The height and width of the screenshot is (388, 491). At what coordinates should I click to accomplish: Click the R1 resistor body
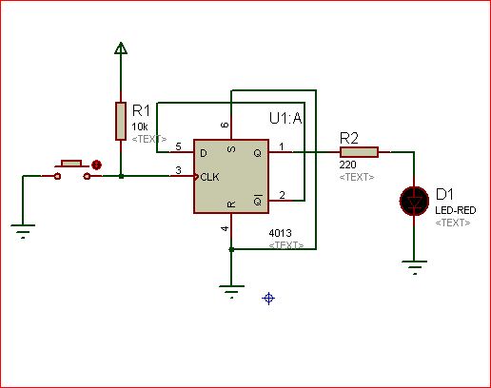point(121,121)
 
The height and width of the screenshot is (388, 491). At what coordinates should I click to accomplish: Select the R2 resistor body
point(359,152)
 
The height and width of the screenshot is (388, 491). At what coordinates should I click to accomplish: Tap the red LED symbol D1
point(414,202)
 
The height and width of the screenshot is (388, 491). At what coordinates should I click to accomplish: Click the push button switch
point(71,170)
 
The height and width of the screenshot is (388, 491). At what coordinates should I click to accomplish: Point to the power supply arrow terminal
point(121,48)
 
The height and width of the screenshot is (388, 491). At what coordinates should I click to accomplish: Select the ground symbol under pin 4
point(231,292)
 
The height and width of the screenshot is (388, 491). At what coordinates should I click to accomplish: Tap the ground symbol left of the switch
point(23,231)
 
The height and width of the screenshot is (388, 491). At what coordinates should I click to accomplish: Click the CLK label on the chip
point(209,177)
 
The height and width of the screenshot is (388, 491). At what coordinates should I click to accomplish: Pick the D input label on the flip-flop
point(204,153)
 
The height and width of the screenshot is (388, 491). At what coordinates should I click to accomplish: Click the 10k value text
point(140,126)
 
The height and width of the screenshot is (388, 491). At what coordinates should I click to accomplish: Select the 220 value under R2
point(347,165)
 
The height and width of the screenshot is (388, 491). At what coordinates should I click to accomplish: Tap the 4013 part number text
point(280,233)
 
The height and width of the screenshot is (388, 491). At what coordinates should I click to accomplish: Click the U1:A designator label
point(285,118)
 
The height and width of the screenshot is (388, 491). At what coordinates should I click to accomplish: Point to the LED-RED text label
point(456,210)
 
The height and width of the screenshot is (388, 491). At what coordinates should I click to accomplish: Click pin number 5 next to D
point(178,146)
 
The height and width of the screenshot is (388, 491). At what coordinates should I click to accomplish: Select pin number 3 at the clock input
point(178,170)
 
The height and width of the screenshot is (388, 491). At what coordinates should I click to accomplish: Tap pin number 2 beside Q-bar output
point(282,195)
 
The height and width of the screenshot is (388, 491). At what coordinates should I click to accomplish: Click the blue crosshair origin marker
point(268,299)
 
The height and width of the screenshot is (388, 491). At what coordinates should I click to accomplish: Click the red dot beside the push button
point(96,165)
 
